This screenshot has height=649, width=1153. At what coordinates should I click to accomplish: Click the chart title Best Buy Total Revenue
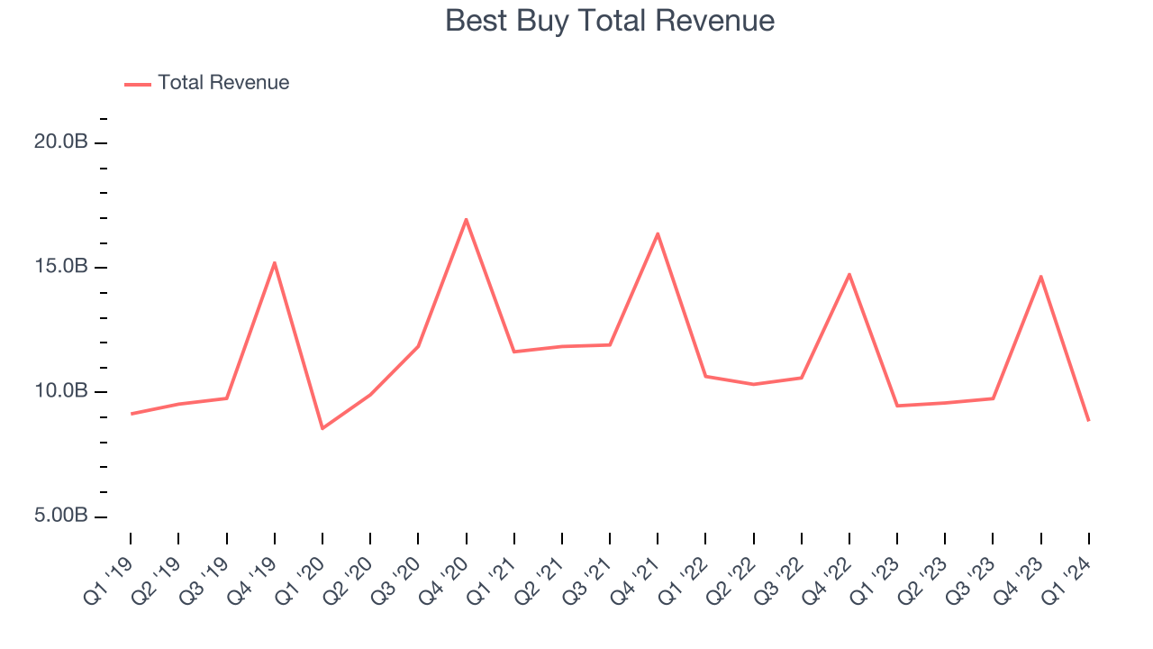click(x=610, y=21)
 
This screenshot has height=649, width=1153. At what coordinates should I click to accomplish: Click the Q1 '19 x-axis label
click(x=109, y=575)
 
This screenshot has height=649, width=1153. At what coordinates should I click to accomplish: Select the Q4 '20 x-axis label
click(x=444, y=575)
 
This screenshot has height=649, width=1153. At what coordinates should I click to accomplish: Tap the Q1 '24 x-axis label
click(x=1067, y=575)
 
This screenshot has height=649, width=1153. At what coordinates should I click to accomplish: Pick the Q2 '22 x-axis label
click(x=731, y=575)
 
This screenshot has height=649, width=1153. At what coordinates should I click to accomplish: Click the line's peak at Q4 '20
click(x=466, y=219)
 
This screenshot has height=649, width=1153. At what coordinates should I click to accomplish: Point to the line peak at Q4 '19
click(x=274, y=262)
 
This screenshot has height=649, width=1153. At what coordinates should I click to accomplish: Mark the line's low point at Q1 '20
click(x=322, y=428)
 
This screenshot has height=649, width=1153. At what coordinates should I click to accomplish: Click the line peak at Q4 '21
click(x=658, y=233)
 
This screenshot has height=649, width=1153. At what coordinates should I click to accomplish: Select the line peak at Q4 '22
click(x=849, y=274)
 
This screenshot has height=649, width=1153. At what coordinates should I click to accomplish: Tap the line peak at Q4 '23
click(x=1040, y=276)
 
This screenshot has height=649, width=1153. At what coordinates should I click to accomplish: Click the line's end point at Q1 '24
click(x=1088, y=420)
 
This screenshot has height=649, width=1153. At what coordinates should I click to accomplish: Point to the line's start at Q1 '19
click(x=131, y=414)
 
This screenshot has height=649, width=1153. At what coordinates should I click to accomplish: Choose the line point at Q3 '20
click(x=418, y=346)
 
